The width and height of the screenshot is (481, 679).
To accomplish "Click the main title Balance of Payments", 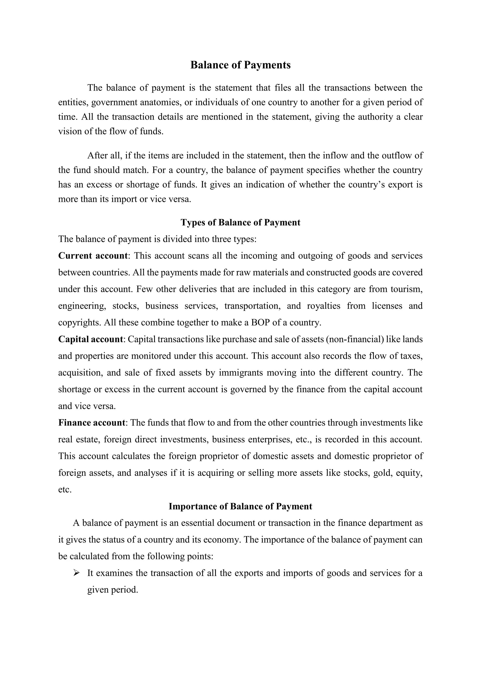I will (x=240, y=65).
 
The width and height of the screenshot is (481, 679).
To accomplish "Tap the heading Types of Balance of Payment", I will (x=240, y=223).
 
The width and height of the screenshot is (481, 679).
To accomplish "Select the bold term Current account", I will (x=93, y=256).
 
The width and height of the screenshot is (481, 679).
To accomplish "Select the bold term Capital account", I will (x=90, y=339).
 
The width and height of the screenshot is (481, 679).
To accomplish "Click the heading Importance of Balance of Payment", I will (x=240, y=506).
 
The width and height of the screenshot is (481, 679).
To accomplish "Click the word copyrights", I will (x=79, y=322).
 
